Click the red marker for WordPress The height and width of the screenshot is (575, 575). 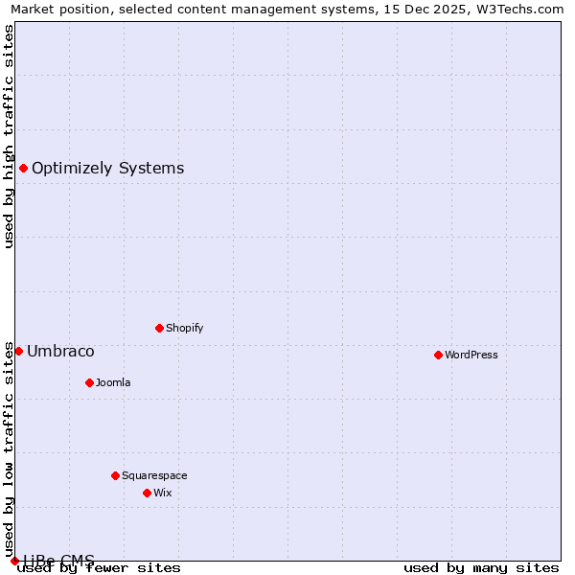(x=438, y=355)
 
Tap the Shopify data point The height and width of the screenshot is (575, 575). (x=159, y=328)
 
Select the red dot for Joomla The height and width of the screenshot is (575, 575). (x=89, y=382)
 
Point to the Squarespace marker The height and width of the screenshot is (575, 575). (x=115, y=475)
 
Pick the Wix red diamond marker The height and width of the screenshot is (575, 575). (x=147, y=493)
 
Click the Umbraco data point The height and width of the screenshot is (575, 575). (x=18, y=351)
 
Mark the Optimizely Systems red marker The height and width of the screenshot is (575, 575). (x=23, y=169)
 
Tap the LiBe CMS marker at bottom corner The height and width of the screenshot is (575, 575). (x=14, y=561)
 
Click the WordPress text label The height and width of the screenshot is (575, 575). (x=471, y=355)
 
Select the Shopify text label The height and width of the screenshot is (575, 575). (x=185, y=328)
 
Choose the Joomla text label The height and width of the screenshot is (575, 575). (x=113, y=382)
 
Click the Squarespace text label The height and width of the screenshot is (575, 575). (x=154, y=475)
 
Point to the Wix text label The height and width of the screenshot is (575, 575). (x=163, y=493)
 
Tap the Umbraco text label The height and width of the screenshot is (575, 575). (x=60, y=351)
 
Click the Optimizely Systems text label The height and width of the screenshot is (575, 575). (x=107, y=169)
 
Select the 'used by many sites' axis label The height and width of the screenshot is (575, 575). (x=481, y=567)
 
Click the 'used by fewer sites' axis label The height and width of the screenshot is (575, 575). (x=100, y=567)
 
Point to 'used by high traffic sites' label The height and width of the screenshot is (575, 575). (x=9, y=136)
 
